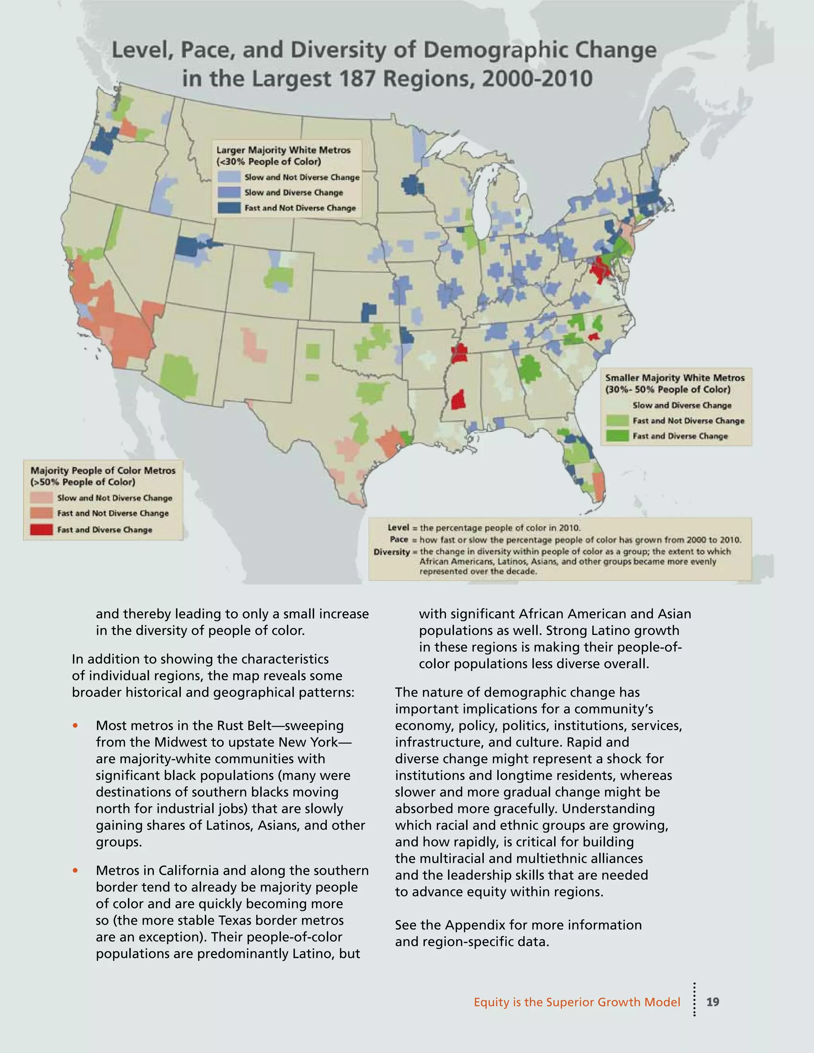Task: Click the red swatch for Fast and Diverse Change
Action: pyautogui.click(x=41, y=529)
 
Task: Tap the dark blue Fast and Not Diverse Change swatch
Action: pyautogui.click(x=229, y=208)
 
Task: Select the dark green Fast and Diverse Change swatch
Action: pyautogui.click(x=618, y=436)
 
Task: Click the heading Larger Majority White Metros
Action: pyautogui.click(x=283, y=150)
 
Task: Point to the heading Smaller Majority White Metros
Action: pyautogui.click(x=674, y=377)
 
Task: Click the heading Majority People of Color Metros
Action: pyautogui.click(x=103, y=470)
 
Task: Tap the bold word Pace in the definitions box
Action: pyautogui.click(x=399, y=539)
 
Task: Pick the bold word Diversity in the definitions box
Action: pyautogui.click(x=391, y=552)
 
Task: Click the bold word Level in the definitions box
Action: pyautogui.click(x=398, y=527)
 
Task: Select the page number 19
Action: pyautogui.click(x=712, y=1002)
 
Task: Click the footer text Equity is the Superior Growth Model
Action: pyautogui.click(x=576, y=1002)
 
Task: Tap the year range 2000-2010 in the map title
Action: pyautogui.click(x=537, y=79)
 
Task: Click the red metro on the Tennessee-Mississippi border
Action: pyautogui.click(x=459, y=353)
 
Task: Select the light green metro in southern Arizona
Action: pyautogui.click(x=178, y=375)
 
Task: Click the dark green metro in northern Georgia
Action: pyautogui.click(x=529, y=369)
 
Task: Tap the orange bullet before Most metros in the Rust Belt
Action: pyautogui.click(x=75, y=725)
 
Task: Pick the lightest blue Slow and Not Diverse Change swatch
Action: pyautogui.click(x=229, y=177)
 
